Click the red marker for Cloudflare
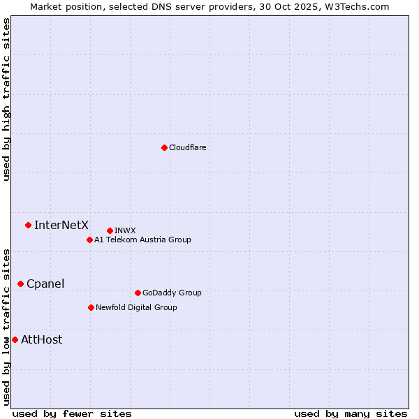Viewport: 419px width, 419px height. (x=164, y=147)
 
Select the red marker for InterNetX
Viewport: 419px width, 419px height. (x=28, y=225)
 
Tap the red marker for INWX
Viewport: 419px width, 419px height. (x=110, y=230)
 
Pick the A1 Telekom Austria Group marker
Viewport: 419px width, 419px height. (x=89, y=240)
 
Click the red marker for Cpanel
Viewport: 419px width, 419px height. (x=20, y=284)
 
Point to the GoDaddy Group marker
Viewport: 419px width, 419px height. (x=138, y=293)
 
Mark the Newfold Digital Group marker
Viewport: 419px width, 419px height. (x=91, y=307)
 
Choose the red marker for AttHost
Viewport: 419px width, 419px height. (x=15, y=339)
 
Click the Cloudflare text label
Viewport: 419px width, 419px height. (x=187, y=147)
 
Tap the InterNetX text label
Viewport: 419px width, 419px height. (x=61, y=225)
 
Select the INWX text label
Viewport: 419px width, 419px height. (x=125, y=230)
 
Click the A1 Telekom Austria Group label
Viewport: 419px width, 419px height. (x=142, y=240)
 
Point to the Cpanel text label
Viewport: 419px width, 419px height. (x=45, y=284)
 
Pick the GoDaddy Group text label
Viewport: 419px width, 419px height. (x=172, y=293)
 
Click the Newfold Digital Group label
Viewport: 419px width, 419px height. (x=136, y=307)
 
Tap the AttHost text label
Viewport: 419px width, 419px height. (x=42, y=340)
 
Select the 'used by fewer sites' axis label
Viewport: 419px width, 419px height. (x=72, y=413)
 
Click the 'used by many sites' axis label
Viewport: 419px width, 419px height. (x=351, y=413)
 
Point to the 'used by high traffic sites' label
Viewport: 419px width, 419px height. (x=6, y=99)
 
